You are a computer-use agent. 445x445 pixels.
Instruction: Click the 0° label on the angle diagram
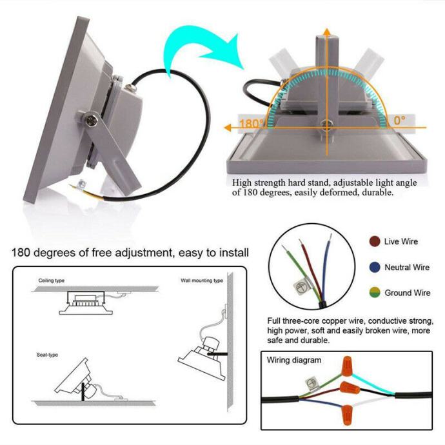[x=400, y=120]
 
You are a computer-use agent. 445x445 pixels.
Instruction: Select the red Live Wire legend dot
[x=374, y=241]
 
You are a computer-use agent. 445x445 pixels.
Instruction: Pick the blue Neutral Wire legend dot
[x=374, y=267]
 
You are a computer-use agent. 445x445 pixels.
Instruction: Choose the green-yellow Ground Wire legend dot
[x=374, y=293]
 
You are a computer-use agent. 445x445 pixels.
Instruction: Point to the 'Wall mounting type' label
[x=202, y=281]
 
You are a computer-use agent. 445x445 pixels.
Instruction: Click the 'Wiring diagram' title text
[x=294, y=360]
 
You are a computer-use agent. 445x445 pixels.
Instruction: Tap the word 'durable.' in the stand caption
[x=373, y=192]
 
